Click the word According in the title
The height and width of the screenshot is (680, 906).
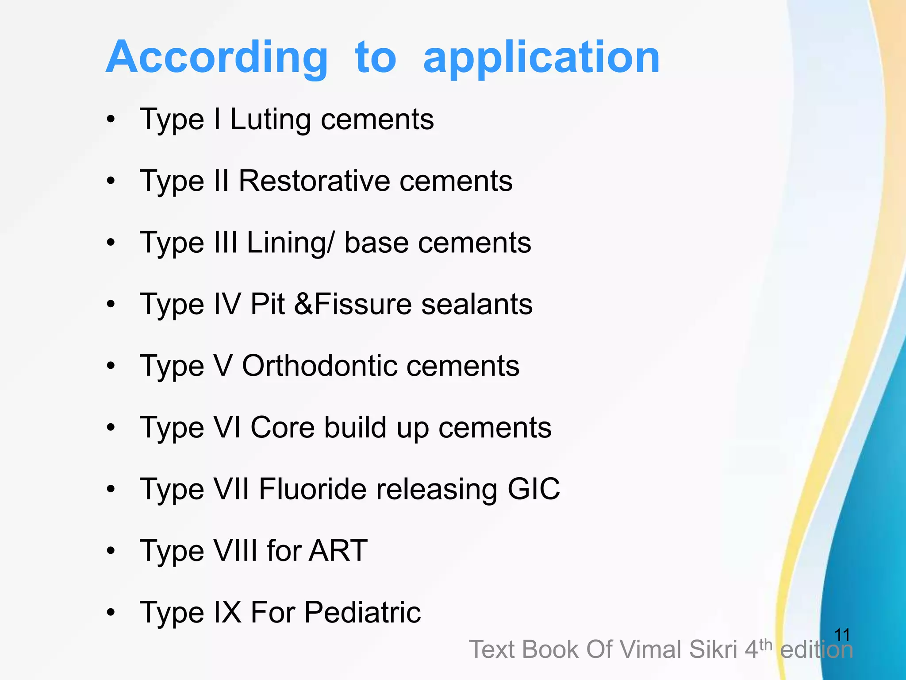click(x=217, y=58)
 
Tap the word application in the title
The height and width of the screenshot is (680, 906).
click(x=541, y=58)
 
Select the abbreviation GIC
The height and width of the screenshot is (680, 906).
click(x=534, y=489)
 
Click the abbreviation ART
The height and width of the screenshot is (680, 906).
click(x=338, y=551)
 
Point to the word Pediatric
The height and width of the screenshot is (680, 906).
click(x=362, y=613)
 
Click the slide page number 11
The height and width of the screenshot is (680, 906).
click(x=842, y=635)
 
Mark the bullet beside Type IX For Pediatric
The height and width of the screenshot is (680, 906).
click(x=111, y=613)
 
